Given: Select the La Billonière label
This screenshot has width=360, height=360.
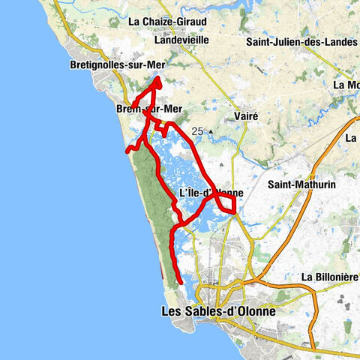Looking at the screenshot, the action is coord(328,277).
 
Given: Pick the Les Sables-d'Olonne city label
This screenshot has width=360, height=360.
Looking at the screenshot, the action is coord(219,310).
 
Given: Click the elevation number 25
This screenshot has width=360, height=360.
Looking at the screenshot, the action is coord(197,131).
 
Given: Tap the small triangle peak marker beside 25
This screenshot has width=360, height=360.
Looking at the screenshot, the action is coord(211,133).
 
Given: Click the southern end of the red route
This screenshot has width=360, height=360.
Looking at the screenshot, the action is coord(180,282).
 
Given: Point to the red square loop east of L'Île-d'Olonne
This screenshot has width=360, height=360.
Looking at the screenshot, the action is coord(226,203).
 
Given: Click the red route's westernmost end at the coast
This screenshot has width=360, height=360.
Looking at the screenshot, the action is coord(127,150).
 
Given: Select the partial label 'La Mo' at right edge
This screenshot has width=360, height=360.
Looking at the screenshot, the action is coord(346,85).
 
